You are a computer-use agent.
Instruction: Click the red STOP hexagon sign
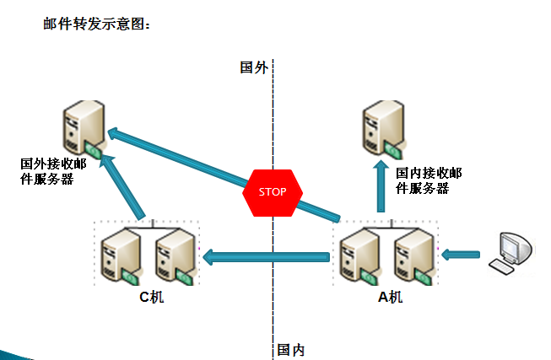(273, 191)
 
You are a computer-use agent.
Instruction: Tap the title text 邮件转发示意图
(97, 24)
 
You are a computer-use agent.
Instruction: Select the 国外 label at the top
(253, 68)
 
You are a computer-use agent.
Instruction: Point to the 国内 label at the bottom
(290, 348)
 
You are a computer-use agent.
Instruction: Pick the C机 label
(151, 297)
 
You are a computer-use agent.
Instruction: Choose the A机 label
(391, 297)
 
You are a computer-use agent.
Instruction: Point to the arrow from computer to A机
(462, 253)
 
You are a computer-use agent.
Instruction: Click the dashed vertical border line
(273, 278)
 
